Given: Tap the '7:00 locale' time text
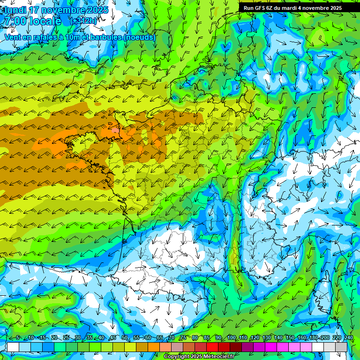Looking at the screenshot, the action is [x=32, y=21].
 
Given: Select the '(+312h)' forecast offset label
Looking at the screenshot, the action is [x=83, y=21].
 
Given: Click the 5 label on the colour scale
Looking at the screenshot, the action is [x=17, y=338].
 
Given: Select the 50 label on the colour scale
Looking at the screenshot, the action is [x=124, y=338].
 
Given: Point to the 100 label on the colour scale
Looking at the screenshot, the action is [x=232, y=338].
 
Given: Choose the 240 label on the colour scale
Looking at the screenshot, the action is [x=348, y=338].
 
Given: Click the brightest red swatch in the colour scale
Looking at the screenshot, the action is [x=212, y=347].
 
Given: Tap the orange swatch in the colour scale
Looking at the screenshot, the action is [x=154, y=347].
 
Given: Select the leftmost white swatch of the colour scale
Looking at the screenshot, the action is [x=13, y=347].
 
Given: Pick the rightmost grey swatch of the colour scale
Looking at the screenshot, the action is [x=341, y=347].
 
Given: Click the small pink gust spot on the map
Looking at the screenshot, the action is [x=114, y=130].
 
